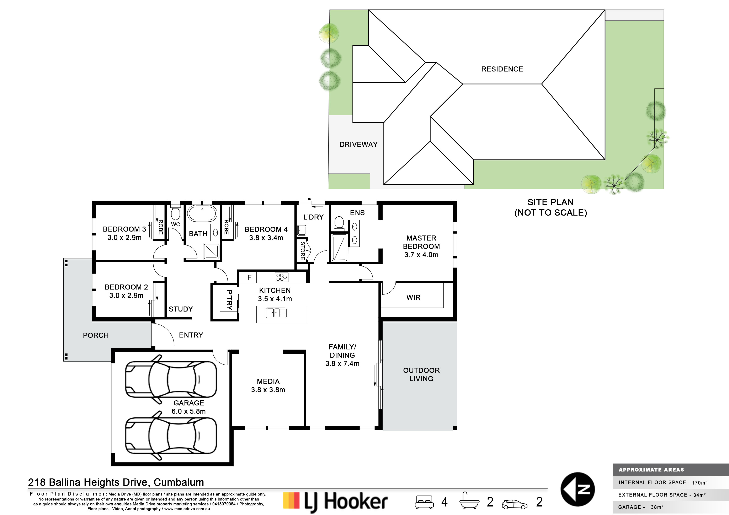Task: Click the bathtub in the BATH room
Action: [x=202, y=213]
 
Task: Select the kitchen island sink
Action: [x=276, y=313]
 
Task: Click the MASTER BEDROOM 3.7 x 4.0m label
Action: [x=421, y=246]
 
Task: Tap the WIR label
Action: [x=413, y=298]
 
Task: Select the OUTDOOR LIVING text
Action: [x=421, y=374]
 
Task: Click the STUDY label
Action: [x=181, y=309]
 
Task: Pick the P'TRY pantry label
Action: [x=229, y=300]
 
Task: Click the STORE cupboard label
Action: [x=303, y=251]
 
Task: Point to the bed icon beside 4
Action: [x=424, y=502]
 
